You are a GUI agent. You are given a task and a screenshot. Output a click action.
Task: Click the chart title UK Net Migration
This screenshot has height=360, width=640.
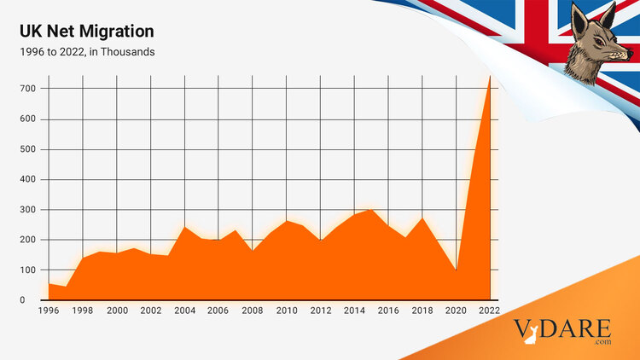click(x=87, y=32)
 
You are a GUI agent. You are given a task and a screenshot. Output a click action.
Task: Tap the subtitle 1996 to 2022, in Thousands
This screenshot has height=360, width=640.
click(x=87, y=52)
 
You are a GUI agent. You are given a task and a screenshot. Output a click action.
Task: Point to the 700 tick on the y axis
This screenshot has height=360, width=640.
click(x=29, y=89)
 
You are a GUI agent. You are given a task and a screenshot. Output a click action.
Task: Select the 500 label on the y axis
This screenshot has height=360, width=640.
click(x=29, y=149)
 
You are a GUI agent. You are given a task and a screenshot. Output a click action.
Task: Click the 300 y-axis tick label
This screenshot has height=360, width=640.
click(x=29, y=210)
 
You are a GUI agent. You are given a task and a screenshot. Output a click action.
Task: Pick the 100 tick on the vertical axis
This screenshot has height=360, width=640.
click(x=29, y=270)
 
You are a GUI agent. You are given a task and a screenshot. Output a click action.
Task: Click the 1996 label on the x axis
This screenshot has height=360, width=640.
click(x=49, y=311)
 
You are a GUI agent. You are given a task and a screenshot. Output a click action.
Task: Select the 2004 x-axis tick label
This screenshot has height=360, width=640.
click(x=185, y=311)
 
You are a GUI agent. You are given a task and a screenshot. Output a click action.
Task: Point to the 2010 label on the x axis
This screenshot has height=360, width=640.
click(x=287, y=311)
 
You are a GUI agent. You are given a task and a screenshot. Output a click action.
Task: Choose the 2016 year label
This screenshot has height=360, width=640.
click(x=389, y=311)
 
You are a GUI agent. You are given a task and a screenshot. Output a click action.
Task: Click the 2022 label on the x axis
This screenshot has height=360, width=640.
click(x=490, y=311)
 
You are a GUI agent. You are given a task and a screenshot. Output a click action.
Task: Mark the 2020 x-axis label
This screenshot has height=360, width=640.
click(x=457, y=311)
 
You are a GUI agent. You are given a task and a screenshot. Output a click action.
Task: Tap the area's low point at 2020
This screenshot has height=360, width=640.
click(x=457, y=270)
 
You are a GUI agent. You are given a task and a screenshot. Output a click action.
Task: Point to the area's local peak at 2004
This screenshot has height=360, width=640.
click(x=185, y=227)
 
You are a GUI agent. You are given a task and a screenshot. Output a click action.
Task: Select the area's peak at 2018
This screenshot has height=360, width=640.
click(x=422, y=218)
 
